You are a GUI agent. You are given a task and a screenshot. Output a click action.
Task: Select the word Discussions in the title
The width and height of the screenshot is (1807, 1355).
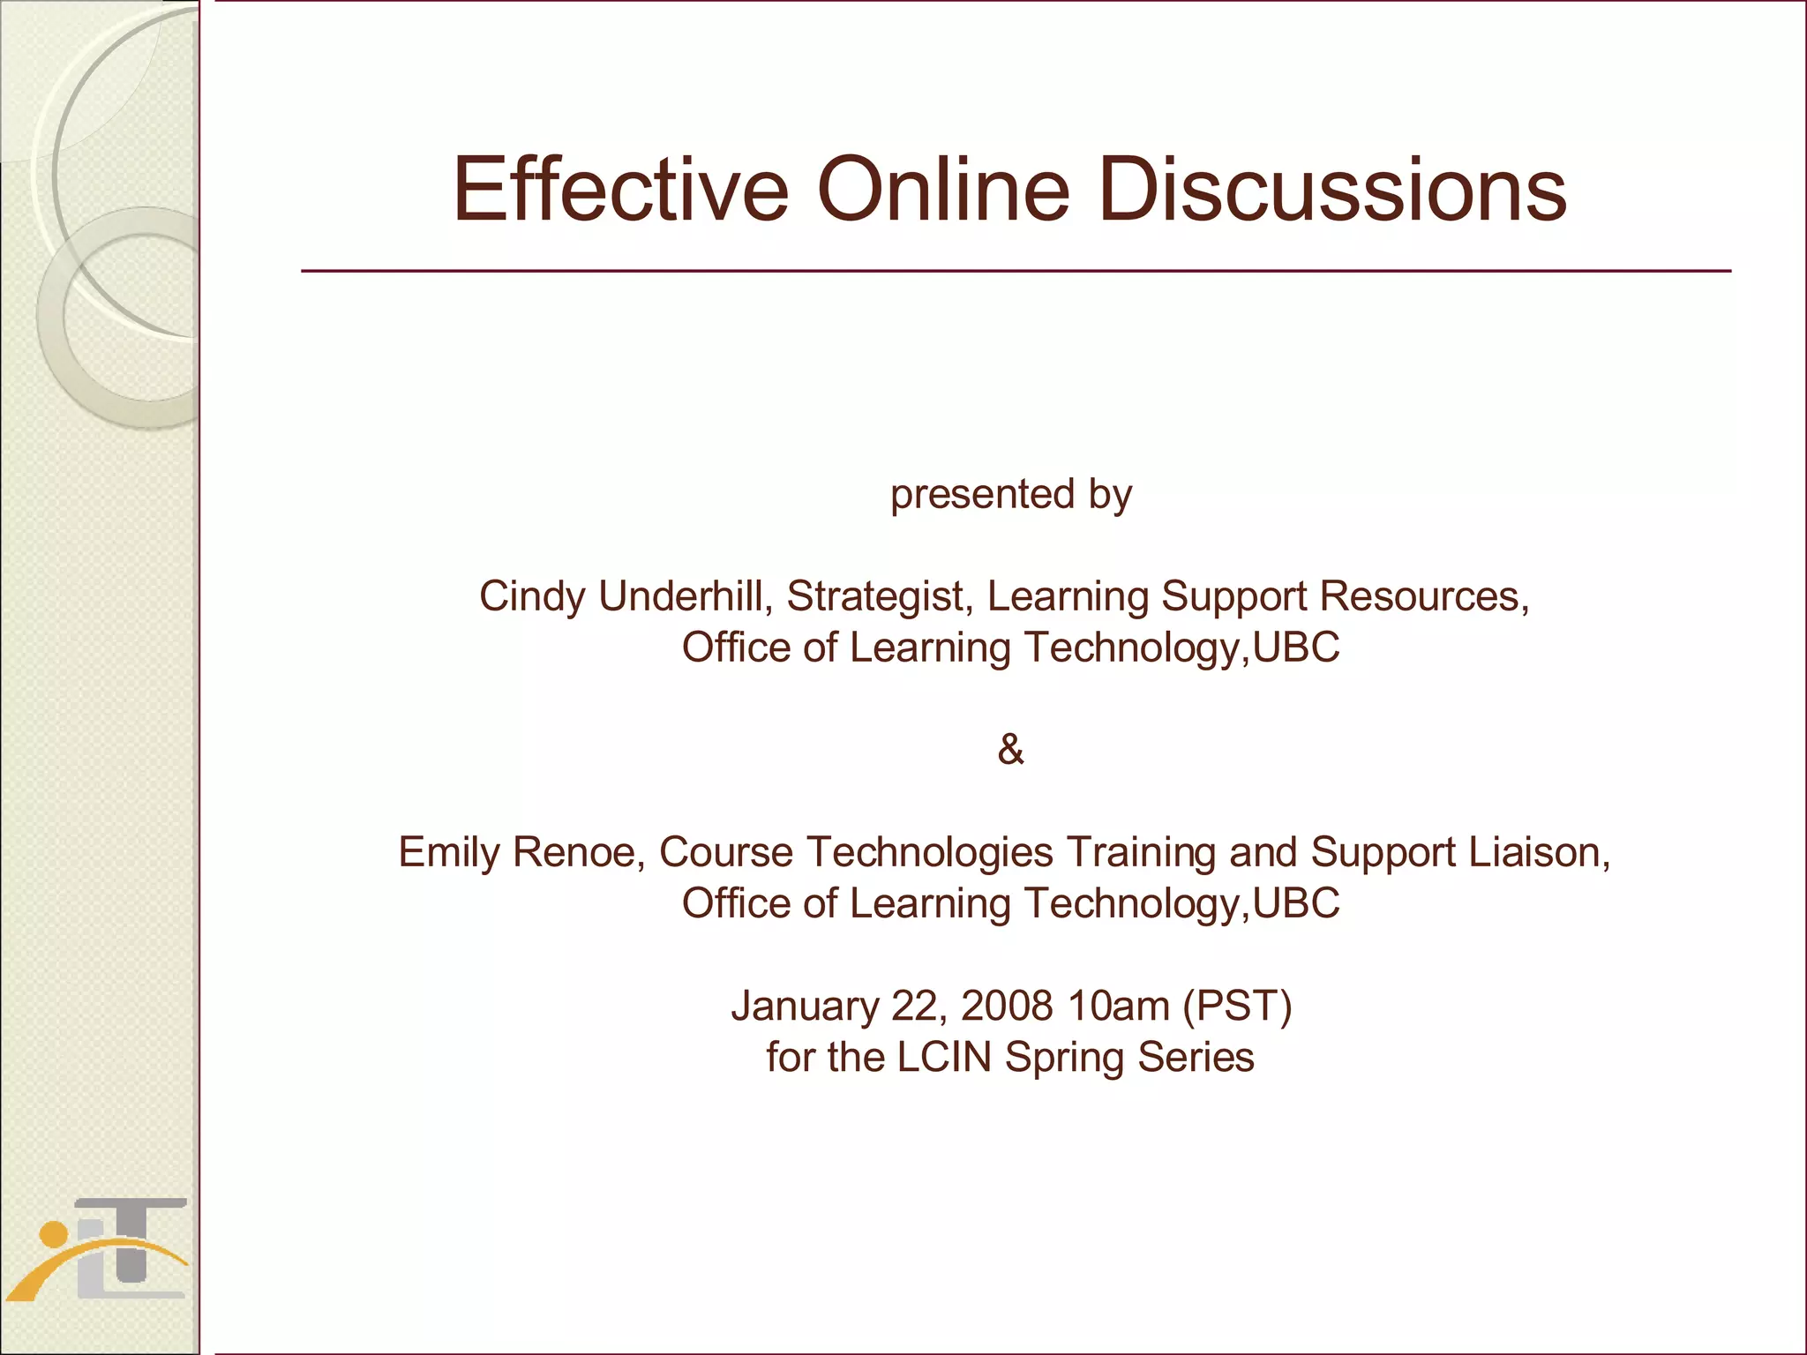(x=1332, y=190)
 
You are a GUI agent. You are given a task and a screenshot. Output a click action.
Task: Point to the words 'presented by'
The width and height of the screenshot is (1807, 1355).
(x=1010, y=494)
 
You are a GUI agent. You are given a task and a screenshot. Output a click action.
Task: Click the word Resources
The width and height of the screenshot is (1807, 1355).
(x=1424, y=596)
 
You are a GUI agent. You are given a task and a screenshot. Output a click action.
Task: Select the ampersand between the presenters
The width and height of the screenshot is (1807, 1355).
(x=1010, y=750)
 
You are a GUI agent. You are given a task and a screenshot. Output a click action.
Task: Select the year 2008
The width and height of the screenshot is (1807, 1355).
(x=1007, y=1007)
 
